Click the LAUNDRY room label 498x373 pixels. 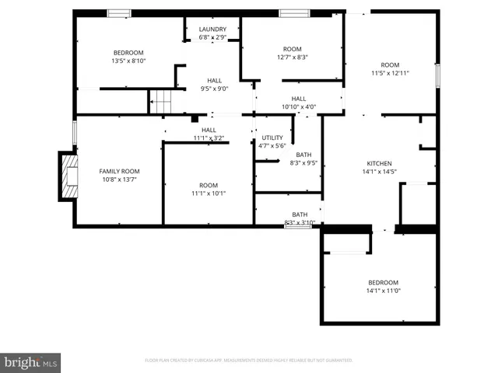(212, 29)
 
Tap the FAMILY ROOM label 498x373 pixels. (119, 171)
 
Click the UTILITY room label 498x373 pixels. (272, 138)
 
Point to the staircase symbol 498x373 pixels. (160, 101)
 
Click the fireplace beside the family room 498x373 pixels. (69, 176)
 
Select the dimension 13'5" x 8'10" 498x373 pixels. (129, 61)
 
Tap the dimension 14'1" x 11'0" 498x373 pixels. (383, 291)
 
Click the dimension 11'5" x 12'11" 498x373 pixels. (390, 73)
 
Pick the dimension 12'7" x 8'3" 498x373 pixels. (292, 57)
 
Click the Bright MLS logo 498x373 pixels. (31, 361)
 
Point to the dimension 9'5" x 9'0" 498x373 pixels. (214, 89)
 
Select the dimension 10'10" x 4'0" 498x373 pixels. (298, 106)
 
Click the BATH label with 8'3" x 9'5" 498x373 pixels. (303, 155)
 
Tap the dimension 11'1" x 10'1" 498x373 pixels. (208, 193)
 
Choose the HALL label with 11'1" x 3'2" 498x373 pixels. (209, 130)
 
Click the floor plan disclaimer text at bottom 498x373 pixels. (249, 361)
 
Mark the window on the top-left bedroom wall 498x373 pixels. (119, 12)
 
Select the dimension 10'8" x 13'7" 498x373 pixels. (119, 180)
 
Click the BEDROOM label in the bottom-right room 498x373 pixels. (383, 282)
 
